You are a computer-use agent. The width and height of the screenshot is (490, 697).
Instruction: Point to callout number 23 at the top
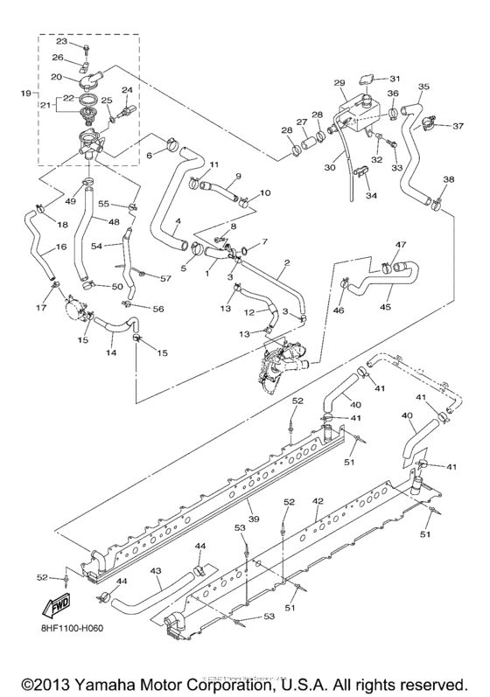point(61,41)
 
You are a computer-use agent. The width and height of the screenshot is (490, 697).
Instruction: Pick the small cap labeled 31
point(368,80)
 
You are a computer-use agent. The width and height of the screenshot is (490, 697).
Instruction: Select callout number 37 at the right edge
point(457,126)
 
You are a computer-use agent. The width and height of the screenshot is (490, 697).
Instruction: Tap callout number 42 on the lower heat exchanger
point(318,500)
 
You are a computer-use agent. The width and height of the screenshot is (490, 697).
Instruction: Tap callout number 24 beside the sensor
point(127,90)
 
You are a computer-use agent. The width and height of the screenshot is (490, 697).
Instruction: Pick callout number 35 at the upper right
point(423,87)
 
